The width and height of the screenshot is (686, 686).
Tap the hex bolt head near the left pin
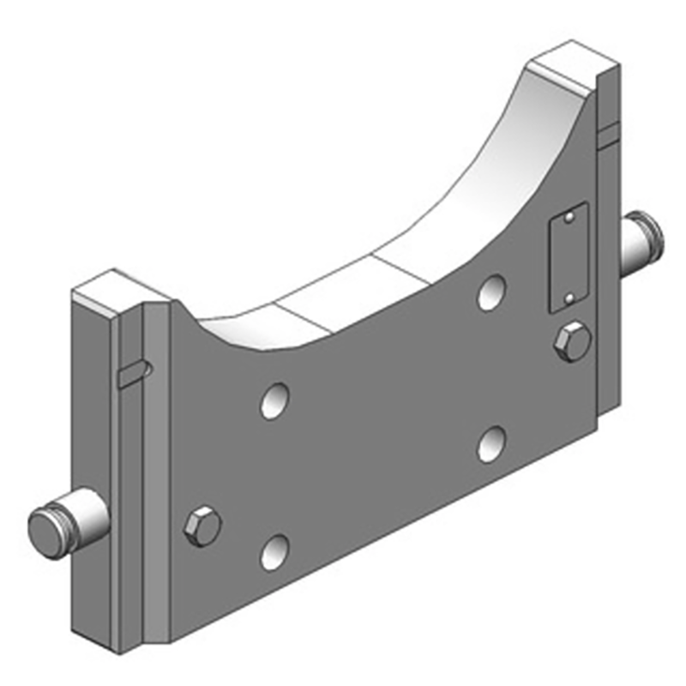pos(203,525)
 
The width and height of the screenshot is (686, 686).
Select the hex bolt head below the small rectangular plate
pos(572,342)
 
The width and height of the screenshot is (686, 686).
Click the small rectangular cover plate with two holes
pos(568,257)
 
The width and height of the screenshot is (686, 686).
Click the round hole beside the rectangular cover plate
pos(491,292)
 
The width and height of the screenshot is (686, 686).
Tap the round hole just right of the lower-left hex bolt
pos(274,552)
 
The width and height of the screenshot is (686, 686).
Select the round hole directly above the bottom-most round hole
pos(274,400)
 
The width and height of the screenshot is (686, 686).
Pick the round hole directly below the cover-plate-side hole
pos(491,443)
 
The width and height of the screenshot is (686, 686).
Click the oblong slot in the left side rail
pos(135,374)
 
